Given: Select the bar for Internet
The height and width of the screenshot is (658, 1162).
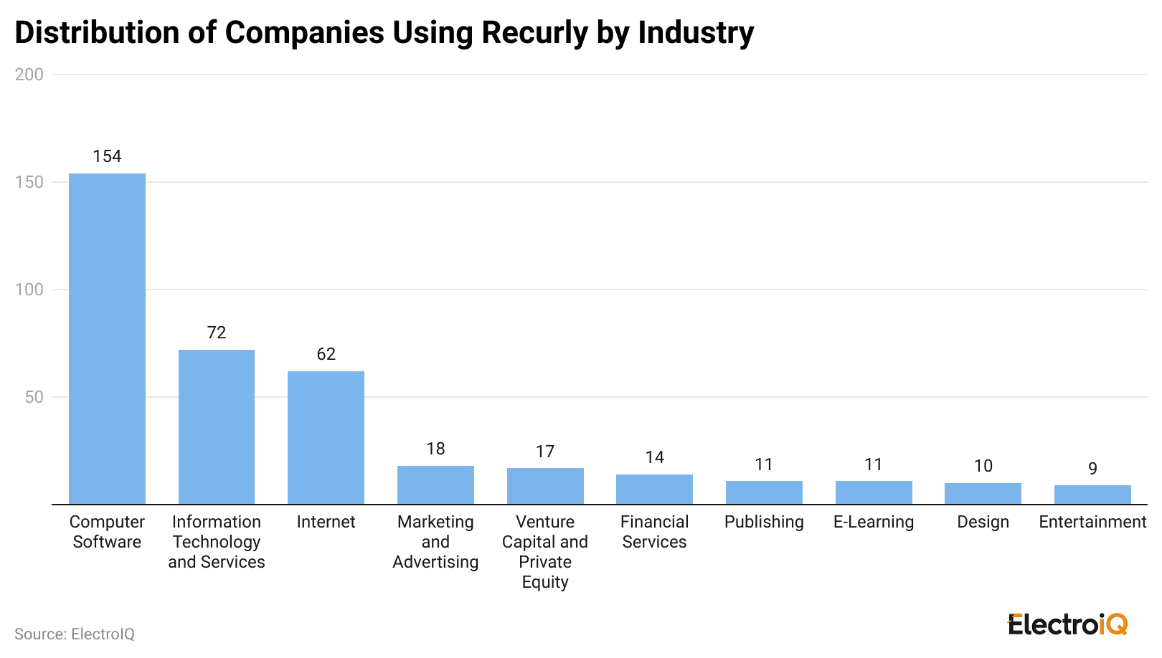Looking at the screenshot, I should coord(326,437).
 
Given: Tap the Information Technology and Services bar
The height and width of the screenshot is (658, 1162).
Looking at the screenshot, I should coord(216,426).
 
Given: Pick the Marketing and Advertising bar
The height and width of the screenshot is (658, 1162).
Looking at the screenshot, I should coord(435,485).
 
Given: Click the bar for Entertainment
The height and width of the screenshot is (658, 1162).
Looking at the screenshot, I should coord(1092,495).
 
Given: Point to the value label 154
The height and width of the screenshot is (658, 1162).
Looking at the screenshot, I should coord(107,156).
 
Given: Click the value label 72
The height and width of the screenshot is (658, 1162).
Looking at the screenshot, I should coord(216,333).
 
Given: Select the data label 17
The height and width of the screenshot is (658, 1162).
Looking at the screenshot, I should coord(544,452).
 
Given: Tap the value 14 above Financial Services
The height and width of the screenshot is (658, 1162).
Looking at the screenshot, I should coord(654,457).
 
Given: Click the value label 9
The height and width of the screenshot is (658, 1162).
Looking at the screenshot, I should coord(1092,468).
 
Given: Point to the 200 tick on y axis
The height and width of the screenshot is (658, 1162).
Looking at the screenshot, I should coord(29,75).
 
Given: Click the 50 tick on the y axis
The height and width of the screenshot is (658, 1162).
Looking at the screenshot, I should coord(34,397).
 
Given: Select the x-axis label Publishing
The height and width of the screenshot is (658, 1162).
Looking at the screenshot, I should coord(764,522).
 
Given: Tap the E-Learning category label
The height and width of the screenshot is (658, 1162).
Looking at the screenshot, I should coord(873,522).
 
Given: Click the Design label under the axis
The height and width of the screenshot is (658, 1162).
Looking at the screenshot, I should coord(983,522).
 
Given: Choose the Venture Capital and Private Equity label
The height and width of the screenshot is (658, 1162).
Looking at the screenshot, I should coord(544,552).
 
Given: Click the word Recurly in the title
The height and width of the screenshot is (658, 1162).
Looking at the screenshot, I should coord(534,33).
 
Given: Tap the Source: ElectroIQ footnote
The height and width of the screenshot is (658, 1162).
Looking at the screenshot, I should coord(75,634).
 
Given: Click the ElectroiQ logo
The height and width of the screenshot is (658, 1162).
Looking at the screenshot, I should coord(1067,624).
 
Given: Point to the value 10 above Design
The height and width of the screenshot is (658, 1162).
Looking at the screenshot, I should coord(983,466).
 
